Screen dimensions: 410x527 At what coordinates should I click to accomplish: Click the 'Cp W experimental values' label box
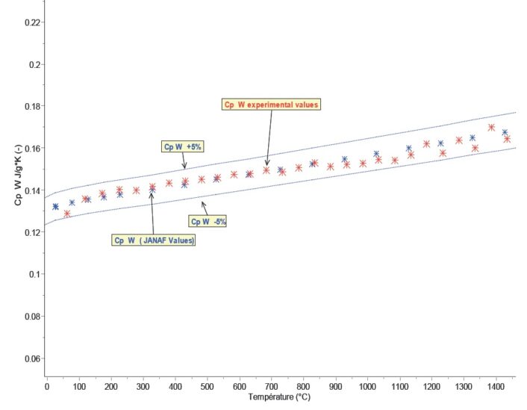(272, 105)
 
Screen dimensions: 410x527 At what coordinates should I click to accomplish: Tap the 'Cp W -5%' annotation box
(208, 221)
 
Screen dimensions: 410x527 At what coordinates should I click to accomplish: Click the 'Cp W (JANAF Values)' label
(154, 240)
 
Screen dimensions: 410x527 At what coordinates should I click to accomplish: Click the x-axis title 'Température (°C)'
(271, 397)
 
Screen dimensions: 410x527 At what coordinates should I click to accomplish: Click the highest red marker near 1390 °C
(491, 128)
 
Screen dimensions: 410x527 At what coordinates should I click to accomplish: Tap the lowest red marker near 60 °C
(66, 214)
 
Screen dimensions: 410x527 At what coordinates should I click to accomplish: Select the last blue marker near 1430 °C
(505, 133)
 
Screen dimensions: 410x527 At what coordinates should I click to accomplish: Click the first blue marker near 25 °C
(55, 207)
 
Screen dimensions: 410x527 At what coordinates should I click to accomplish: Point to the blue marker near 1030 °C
(376, 155)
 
